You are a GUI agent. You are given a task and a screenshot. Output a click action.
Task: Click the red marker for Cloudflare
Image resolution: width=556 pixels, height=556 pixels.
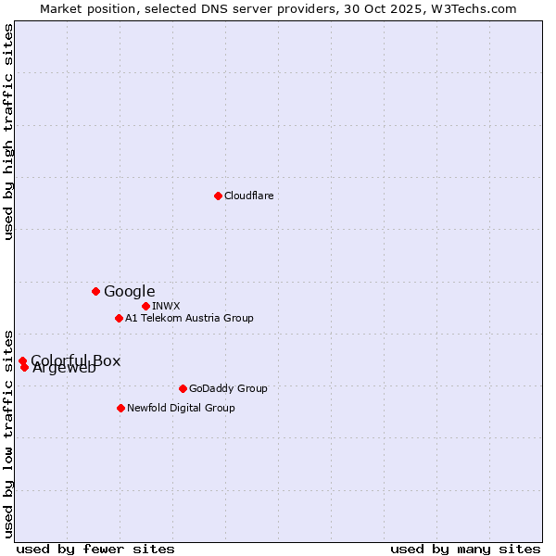click(x=218, y=196)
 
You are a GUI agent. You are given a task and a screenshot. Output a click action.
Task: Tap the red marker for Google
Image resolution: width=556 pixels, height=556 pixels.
click(x=95, y=291)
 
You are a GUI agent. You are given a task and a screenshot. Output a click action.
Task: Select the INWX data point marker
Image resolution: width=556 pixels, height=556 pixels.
click(x=145, y=306)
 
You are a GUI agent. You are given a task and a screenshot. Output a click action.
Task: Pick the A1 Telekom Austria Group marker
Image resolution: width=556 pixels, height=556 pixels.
click(x=119, y=318)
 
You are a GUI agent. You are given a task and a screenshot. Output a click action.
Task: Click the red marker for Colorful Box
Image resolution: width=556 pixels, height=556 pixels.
click(x=22, y=360)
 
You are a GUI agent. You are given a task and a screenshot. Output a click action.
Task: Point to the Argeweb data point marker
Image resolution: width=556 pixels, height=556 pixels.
click(x=24, y=367)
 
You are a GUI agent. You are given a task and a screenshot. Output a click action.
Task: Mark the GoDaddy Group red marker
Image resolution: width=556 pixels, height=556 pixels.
click(x=183, y=388)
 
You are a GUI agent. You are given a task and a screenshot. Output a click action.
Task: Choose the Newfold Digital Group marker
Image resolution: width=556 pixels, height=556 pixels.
click(x=120, y=408)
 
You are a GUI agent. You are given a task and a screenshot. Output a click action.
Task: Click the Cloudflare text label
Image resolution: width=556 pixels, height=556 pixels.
click(x=248, y=196)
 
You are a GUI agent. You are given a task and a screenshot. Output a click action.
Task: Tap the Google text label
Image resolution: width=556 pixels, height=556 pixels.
click(x=129, y=291)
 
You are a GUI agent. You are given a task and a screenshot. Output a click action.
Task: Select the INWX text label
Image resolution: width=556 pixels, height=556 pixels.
click(x=166, y=306)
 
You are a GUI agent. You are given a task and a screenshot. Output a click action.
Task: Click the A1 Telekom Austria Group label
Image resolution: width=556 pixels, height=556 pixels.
click(x=189, y=318)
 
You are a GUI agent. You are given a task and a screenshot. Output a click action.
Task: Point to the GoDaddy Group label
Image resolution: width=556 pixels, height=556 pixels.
click(x=228, y=388)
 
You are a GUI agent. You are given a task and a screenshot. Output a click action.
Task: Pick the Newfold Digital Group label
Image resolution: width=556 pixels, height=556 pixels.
click(x=181, y=408)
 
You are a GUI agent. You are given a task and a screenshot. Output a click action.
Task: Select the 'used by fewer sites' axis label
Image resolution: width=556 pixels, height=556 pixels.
click(x=95, y=549)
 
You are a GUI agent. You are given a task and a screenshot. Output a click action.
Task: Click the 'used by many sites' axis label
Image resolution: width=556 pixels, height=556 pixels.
click(x=465, y=549)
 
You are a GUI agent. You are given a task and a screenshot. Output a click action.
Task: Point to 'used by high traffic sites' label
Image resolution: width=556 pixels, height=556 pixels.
click(x=8, y=133)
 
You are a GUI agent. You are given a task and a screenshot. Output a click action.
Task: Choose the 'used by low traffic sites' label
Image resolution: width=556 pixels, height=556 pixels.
click(x=8, y=433)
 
